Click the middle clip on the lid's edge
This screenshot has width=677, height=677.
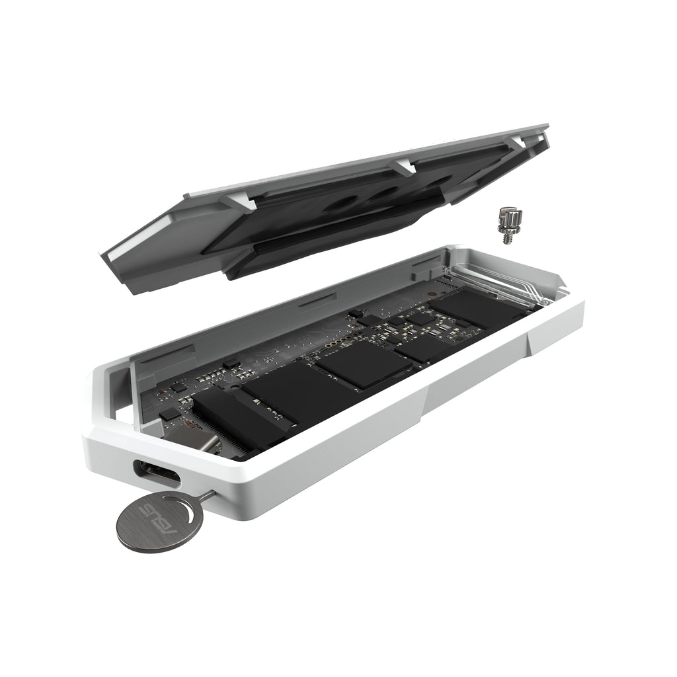(x=403, y=166)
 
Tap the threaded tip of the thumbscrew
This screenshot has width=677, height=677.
(x=508, y=239)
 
